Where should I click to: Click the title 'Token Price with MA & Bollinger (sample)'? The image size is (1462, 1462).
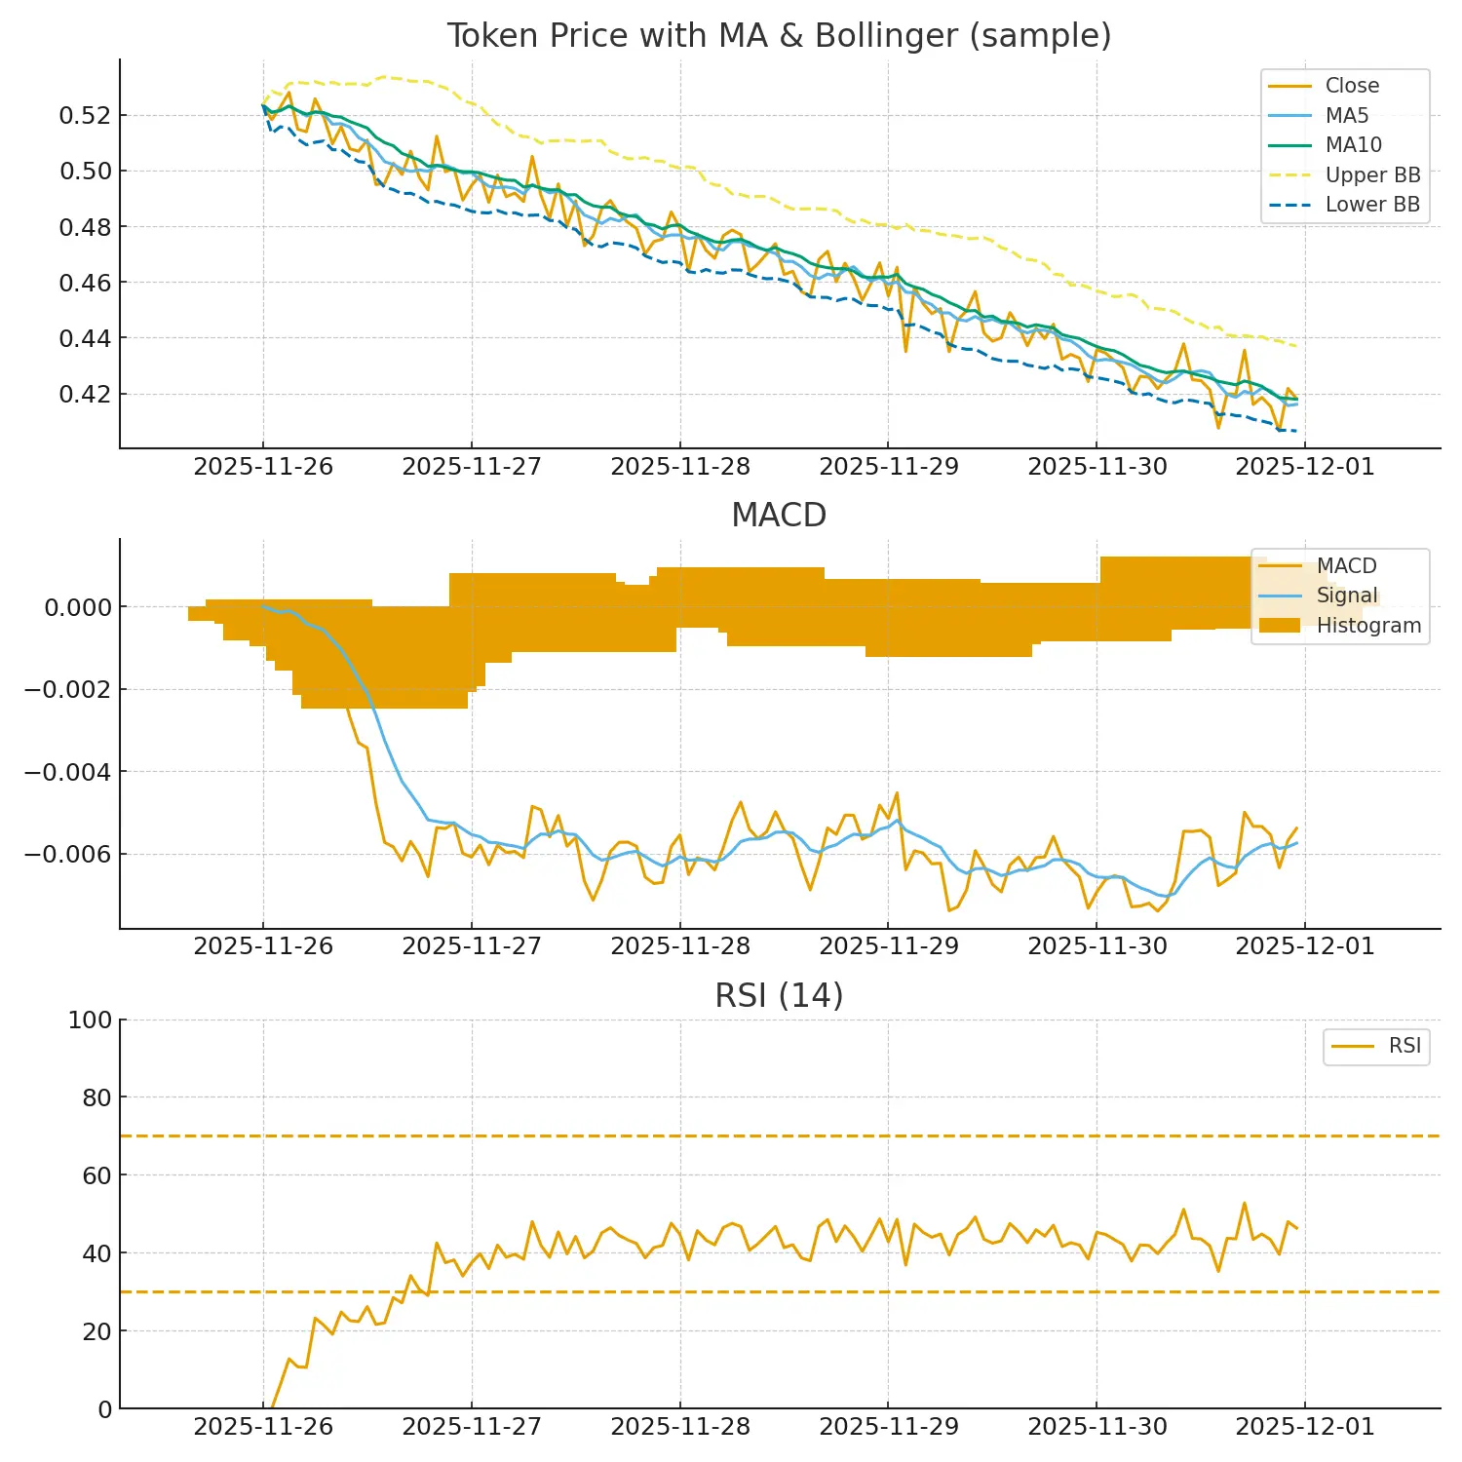tap(779, 36)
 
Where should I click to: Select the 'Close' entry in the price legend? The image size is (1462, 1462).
tap(1351, 86)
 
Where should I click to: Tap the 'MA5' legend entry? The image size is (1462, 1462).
tap(1346, 116)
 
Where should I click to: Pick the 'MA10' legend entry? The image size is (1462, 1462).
tap(1353, 145)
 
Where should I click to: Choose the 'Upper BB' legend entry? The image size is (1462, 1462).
tap(1372, 175)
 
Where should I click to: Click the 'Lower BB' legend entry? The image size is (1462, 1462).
tap(1372, 205)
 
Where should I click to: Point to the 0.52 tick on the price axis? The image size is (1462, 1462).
tap(86, 116)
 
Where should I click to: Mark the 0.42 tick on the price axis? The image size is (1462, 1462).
tap(86, 395)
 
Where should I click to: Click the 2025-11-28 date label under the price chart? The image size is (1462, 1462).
tap(680, 467)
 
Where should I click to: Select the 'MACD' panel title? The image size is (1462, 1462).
tap(779, 515)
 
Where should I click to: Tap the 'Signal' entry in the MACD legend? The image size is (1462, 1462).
tap(1347, 596)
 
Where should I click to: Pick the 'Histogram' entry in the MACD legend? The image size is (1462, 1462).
tap(1368, 626)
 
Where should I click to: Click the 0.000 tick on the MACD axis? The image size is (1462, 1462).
tap(78, 607)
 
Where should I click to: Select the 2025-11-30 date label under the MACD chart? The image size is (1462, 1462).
tap(1097, 946)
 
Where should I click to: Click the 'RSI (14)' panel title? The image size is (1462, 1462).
tap(779, 995)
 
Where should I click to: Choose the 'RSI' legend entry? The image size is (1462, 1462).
tap(1404, 1046)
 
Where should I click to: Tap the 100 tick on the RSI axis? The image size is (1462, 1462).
tap(90, 1020)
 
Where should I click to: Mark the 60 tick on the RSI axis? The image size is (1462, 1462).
tap(96, 1175)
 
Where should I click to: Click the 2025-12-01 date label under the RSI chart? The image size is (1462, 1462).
tap(1305, 1427)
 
